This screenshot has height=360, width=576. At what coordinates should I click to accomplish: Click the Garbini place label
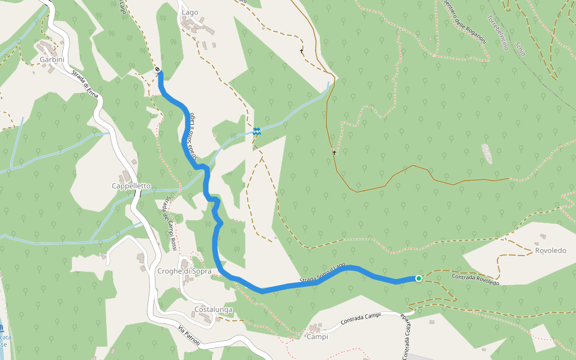pyautogui.click(x=52, y=60)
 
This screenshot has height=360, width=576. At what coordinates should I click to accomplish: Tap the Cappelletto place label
pyautogui.click(x=131, y=186)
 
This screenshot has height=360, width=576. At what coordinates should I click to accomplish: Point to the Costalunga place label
pyautogui.click(x=213, y=310)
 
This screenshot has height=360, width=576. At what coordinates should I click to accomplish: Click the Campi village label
pyautogui.click(x=317, y=337)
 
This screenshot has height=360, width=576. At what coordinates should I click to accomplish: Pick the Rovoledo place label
pyautogui.click(x=550, y=250)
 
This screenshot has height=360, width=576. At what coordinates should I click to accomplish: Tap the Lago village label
pyautogui.click(x=190, y=12)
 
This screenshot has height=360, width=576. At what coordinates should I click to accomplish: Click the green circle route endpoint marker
pyautogui.click(x=418, y=278)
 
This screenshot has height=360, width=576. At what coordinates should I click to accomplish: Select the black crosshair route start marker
pyautogui.click(x=157, y=70)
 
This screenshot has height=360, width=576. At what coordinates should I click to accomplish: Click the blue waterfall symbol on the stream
pyautogui.click(x=257, y=131)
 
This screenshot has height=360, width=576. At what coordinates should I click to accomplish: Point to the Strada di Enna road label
pyautogui.click(x=85, y=84)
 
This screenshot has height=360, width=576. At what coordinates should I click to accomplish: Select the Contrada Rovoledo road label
pyautogui.click(x=475, y=278)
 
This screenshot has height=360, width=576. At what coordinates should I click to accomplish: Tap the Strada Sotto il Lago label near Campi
pyautogui.click(x=323, y=274)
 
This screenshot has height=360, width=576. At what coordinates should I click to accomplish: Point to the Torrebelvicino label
pyautogui.click(x=497, y=32)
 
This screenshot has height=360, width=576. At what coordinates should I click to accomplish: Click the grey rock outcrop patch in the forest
pyautogui.click(x=487, y=154)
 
